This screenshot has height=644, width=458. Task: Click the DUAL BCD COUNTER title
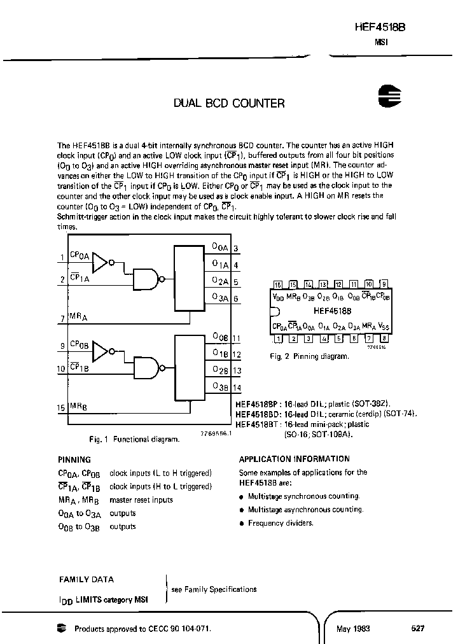(229, 103)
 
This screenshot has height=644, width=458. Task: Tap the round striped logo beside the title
(387, 96)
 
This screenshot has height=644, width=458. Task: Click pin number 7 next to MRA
(62, 317)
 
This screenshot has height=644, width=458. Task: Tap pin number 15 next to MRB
(61, 406)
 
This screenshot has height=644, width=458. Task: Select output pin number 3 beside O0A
(236, 249)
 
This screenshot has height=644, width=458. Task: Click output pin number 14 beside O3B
(237, 386)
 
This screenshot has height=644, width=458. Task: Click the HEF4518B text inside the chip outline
(331, 312)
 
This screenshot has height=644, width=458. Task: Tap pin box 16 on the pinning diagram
(277, 284)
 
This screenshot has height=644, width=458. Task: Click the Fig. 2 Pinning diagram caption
(309, 356)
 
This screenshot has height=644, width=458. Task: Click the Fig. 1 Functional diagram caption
(133, 439)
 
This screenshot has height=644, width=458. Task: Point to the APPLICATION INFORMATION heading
(294, 459)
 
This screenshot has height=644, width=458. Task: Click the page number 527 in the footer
(417, 628)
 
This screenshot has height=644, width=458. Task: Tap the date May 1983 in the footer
(354, 628)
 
